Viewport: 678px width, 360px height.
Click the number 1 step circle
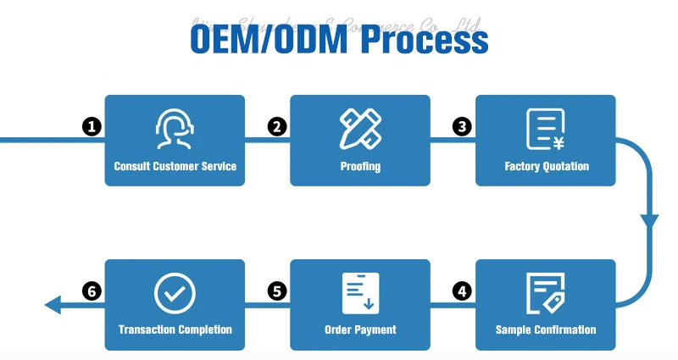92,127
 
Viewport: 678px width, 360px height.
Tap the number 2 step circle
276,127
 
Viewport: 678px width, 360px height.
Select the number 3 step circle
461,127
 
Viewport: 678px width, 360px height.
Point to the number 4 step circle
461,291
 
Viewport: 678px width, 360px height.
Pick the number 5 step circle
276,291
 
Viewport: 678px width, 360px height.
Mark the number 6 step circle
92,291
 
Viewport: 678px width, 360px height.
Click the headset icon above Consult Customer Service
175,129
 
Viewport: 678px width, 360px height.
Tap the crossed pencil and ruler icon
360,128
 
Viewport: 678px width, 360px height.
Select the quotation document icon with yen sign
545,129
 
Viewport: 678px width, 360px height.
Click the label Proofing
360,166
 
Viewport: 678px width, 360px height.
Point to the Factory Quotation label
546,166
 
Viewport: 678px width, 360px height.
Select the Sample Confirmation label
546,330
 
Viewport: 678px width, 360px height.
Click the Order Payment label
360,330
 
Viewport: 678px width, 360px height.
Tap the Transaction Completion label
175,330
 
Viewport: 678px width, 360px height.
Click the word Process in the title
425,39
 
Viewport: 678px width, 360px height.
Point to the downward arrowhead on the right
649,222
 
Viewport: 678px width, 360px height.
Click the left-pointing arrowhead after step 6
53,305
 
